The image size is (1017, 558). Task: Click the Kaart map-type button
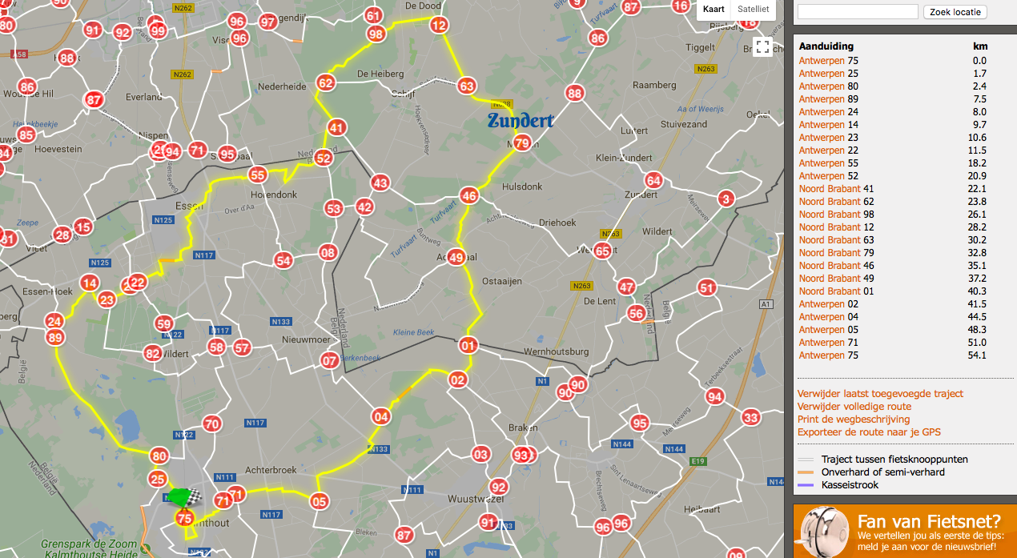coord(714,10)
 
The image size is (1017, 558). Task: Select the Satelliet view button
coord(753,10)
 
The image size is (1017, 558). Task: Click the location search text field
coord(858,12)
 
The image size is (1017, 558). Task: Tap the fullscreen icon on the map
coord(762,47)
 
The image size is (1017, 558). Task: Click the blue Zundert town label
coord(521,122)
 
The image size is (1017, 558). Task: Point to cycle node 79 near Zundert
coord(522,144)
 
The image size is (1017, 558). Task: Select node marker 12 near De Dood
coord(438,25)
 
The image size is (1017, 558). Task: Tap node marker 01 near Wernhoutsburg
coord(468,346)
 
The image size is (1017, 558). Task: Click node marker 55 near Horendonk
coord(258,175)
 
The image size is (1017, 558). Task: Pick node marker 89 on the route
coord(55,338)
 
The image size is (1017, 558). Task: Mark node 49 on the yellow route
coord(456,258)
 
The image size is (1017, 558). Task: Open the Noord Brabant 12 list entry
coord(830,227)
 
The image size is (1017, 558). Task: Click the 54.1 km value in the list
coord(979,355)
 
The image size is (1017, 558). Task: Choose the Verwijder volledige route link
coord(854,407)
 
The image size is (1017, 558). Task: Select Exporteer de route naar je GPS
coord(869,432)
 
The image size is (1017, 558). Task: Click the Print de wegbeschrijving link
coord(854,420)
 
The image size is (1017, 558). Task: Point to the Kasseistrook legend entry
coord(850,485)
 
